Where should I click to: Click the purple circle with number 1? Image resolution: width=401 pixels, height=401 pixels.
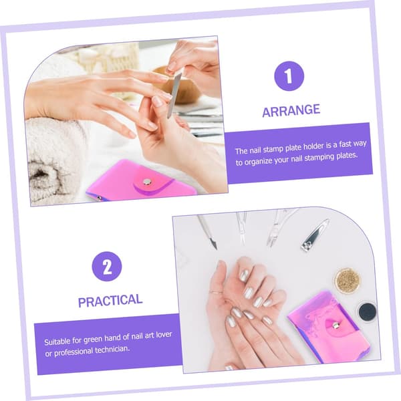(289, 76)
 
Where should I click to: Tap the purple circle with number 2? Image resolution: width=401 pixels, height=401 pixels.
(107, 267)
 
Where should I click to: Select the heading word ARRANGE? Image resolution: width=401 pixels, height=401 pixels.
(291, 110)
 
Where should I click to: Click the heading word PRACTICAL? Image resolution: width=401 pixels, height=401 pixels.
(110, 301)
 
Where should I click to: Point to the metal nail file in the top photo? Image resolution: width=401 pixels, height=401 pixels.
(174, 95)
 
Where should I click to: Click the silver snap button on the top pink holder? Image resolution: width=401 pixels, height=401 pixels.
(147, 182)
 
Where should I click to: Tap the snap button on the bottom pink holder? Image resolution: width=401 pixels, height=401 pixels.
(335, 325)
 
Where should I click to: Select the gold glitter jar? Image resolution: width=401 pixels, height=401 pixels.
(347, 281)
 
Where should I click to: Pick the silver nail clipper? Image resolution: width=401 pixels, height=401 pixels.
(315, 235)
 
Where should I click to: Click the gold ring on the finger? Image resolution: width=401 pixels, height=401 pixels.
(217, 292)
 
